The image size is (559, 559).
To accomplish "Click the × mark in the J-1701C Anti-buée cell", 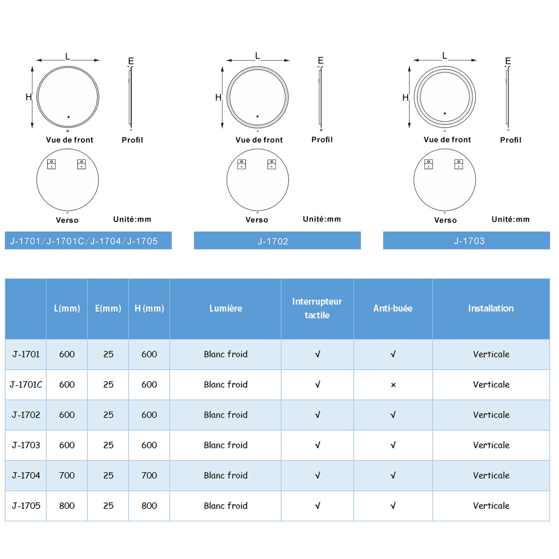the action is pos(393,385).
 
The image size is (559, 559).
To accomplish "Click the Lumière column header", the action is pos(226,308).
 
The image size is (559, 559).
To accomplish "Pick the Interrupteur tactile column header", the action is pos(317,308).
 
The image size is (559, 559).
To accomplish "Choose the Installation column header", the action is pos(491,308).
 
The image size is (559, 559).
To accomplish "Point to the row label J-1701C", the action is pos(26,385).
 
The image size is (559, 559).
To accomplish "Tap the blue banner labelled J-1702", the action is pos(277,241).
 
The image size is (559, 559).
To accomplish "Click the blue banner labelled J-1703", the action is pos(467,241).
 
